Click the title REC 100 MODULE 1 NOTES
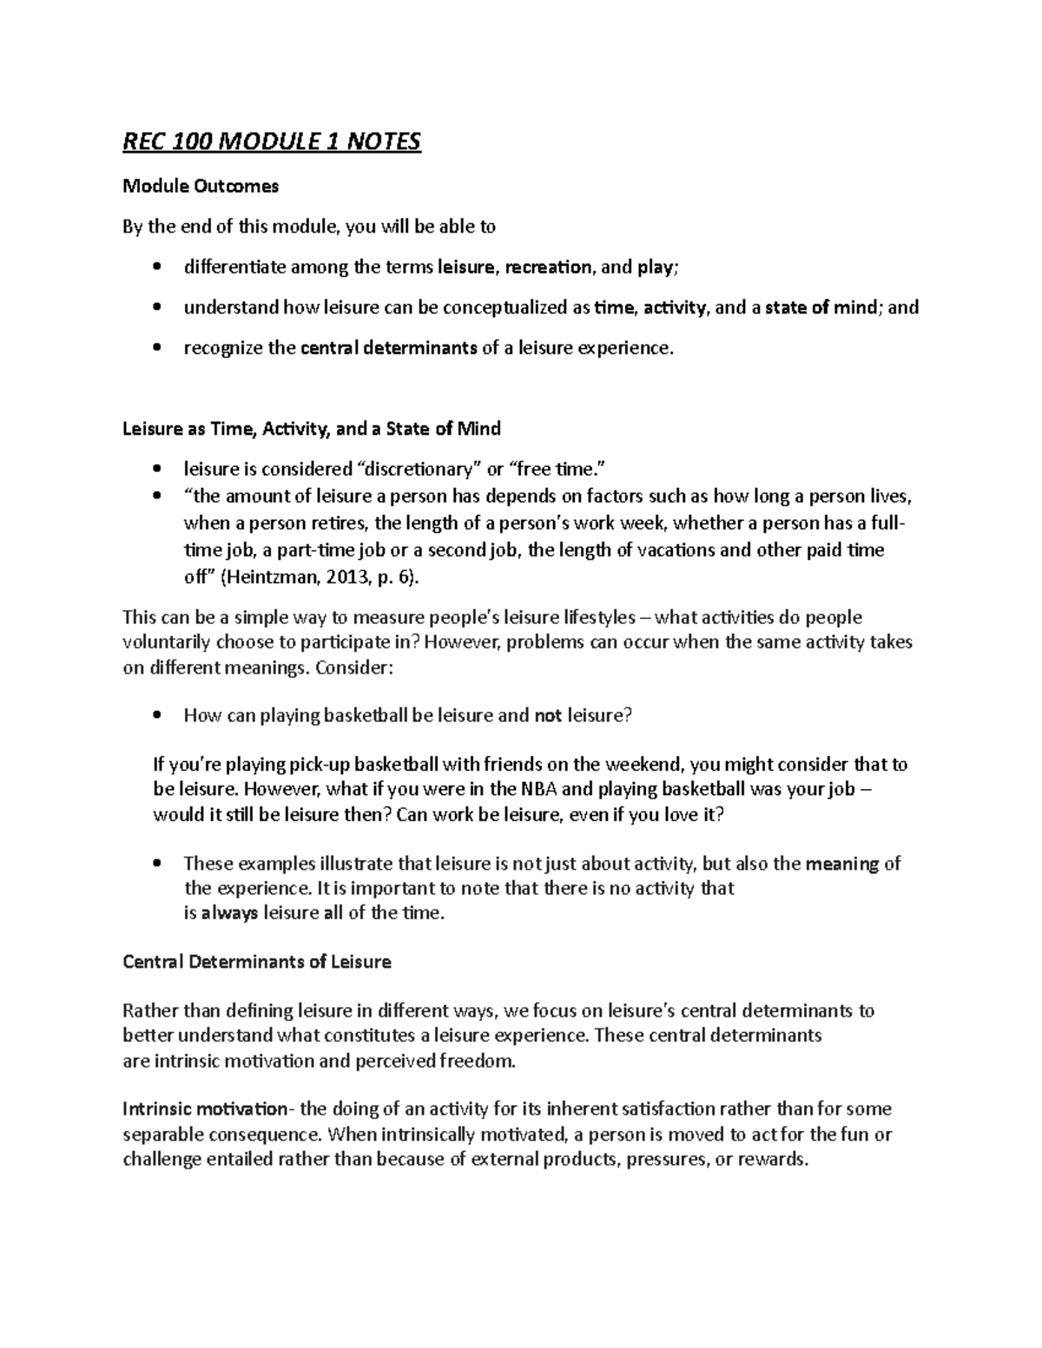[x=272, y=141]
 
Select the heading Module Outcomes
[x=201, y=186]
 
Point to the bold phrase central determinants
[x=388, y=348]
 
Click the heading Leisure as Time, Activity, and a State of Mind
[x=312, y=429]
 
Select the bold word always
[x=229, y=913]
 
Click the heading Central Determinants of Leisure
[x=257, y=962]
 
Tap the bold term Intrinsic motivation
[x=205, y=1109]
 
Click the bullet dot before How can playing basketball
[x=156, y=716]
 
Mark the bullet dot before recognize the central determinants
[x=156, y=348]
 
